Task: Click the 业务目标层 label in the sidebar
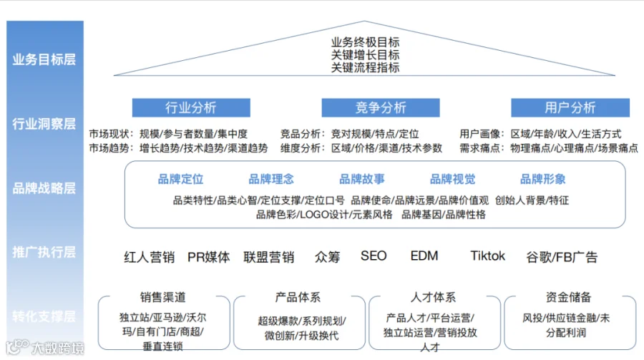click(x=44, y=59)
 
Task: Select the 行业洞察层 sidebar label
click(x=44, y=123)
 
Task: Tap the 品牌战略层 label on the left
click(x=44, y=188)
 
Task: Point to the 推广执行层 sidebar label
click(x=44, y=252)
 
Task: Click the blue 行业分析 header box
click(x=190, y=108)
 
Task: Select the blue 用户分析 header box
click(x=570, y=108)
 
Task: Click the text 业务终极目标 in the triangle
click(x=365, y=42)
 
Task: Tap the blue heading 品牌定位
click(x=180, y=179)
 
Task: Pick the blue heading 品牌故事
click(x=361, y=179)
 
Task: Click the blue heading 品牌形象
click(x=543, y=179)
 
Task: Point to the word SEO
click(x=374, y=256)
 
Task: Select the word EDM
click(x=424, y=256)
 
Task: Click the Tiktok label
click(x=488, y=256)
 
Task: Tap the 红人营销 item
click(x=149, y=257)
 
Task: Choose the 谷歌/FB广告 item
click(x=562, y=257)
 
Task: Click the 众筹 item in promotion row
click(x=327, y=257)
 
